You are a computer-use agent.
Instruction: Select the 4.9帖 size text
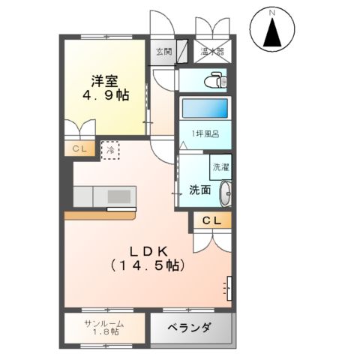click(x=105, y=95)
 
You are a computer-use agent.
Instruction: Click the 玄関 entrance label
click(x=164, y=52)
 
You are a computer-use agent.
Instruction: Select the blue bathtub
click(x=204, y=108)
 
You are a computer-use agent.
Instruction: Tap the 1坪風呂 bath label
click(x=203, y=134)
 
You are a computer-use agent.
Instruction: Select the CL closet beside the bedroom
click(x=81, y=149)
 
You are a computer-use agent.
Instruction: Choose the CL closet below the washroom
click(x=212, y=220)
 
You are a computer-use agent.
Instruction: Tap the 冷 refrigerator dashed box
click(x=110, y=149)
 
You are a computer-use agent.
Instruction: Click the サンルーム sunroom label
click(x=105, y=323)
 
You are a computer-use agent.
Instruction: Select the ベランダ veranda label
click(x=188, y=328)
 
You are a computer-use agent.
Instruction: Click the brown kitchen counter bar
click(x=105, y=214)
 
